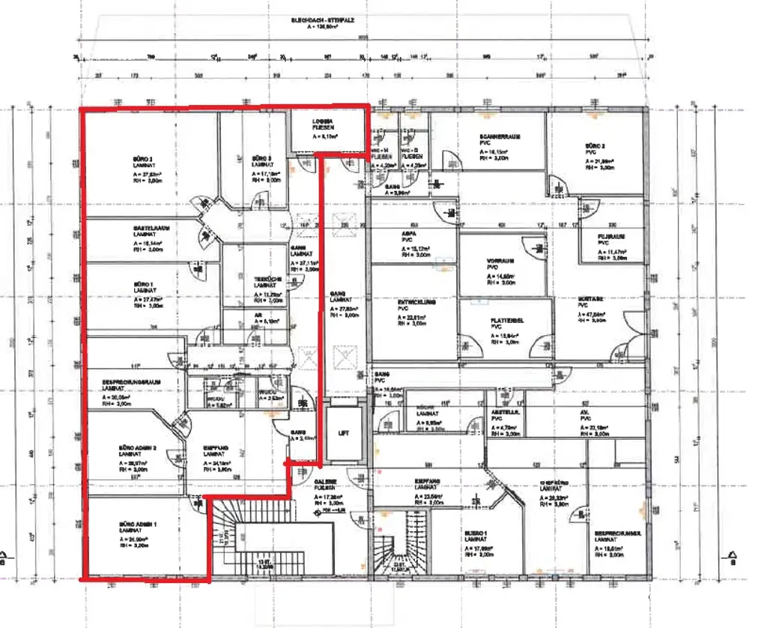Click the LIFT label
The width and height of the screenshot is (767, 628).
tap(342, 434)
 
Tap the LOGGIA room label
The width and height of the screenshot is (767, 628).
tap(324, 121)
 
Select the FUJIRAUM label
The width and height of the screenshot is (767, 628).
tap(611, 235)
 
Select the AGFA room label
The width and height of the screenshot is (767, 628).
tap(408, 233)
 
